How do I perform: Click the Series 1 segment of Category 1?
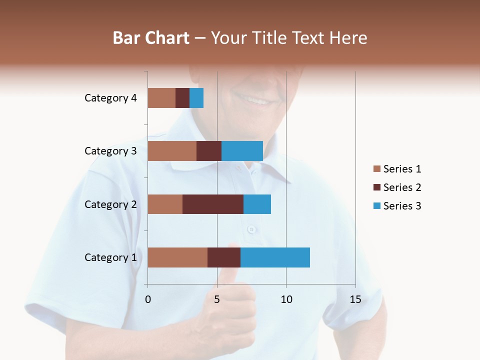pyautogui.click(x=177, y=257)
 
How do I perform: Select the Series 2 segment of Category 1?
pyautogui.click(x=224, y=257)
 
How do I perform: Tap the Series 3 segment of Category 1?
pyautogui.click(x=275, y=257)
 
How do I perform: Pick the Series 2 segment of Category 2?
pyautogui.click(x=213, y=204)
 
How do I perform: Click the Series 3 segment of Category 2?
pyautogui.click(x=257, y=204)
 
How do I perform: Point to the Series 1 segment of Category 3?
pyautogui.click(x=172, y=151)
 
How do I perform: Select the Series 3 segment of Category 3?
pyautogui.click(x=242, y=151)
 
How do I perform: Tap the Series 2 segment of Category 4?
pyautogui.click(x=182, y=98)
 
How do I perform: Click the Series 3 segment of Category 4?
pyautogui.click(x=196, y=98)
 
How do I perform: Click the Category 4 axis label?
pyautogui.click(x=110, y=98)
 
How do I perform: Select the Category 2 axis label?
pyautogui.click(x=110, y=204)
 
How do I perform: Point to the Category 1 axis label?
pyautogui.click(x=110, y=257)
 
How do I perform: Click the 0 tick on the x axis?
pyautogui.click(x=148, y=299)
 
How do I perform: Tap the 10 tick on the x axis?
pyautogui.click(x=286, y=299)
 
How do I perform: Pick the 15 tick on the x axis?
pyautogui.click(x=355, y=299)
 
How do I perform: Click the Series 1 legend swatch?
pyautogui.click(x=377, y=169)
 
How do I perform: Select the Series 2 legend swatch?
pyautogui.click(x=377, y=187)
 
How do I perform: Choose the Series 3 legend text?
pyautogui.click(x=402, y=206)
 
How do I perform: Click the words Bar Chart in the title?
pyautogui.click(x=151, y=38)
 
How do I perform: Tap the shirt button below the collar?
pyautogui.click(x=251, y=229)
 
